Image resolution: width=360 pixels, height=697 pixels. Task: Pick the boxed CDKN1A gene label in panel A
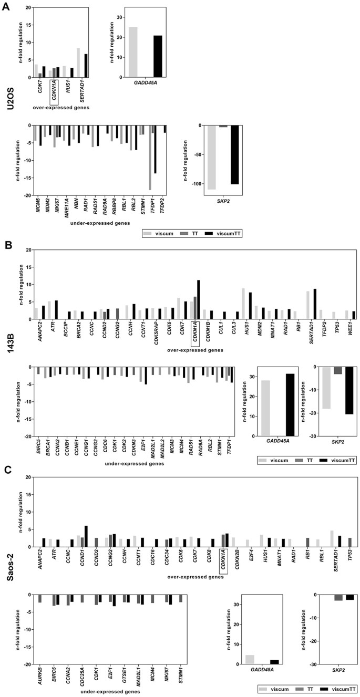(x=54, y=92)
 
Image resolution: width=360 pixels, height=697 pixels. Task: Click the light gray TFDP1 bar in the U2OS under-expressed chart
(x=150, y=157)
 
